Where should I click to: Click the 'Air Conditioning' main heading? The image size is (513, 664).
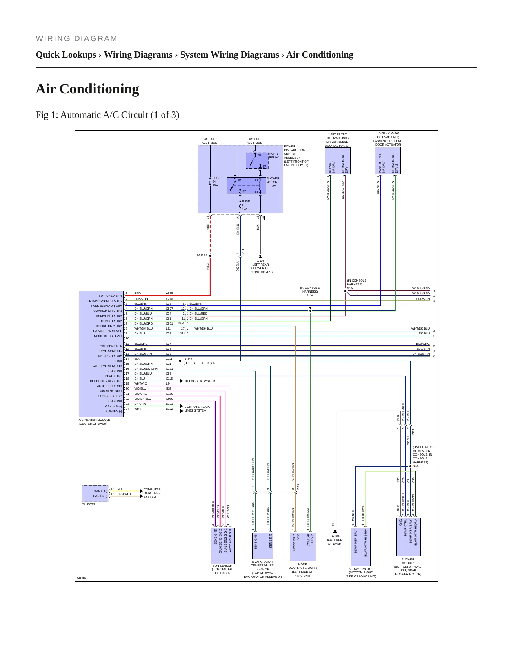click(87, 89)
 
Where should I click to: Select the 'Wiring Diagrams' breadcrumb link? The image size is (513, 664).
click(138, 55)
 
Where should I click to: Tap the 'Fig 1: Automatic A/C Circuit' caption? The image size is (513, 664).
click(107, 115)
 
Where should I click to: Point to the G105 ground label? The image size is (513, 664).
click(261, 261)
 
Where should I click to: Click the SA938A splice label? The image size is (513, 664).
click(202, 255)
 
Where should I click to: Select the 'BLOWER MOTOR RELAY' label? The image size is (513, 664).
click(273, 182)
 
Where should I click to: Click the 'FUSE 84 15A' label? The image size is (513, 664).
click(216, 182)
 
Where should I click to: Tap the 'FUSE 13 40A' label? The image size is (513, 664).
click(246, 205)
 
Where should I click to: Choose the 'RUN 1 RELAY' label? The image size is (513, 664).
click(273, 156)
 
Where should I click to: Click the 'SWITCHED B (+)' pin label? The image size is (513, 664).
click(110, 296)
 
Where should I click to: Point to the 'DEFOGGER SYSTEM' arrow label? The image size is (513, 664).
click(200, 381)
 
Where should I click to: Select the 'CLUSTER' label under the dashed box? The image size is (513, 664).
click(89, 504)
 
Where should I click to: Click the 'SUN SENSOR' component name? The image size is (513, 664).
click(222, 566)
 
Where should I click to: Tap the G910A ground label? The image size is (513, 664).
click(335, 536)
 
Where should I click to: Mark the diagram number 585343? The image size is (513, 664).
click(82, 578)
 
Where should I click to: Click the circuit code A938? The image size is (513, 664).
click(169, 293)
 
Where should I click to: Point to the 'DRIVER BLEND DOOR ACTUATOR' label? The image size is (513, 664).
click(338, 144)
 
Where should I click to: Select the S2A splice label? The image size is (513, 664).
click(416, 466)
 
